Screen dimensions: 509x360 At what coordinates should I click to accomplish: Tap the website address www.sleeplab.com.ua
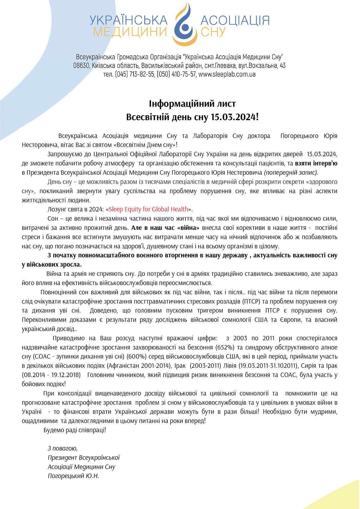point(227,74)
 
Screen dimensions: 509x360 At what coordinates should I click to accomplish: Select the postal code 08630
point(81,65)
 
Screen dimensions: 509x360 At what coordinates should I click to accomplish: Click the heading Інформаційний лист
point(192,104)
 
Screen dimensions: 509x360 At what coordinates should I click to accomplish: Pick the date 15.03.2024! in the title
point(234,117)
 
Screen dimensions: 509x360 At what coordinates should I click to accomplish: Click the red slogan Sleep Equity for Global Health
point(148,209)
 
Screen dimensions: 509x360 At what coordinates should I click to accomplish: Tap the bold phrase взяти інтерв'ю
point(316,163)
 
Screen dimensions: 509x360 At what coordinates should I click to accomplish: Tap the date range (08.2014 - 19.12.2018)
point(51,375)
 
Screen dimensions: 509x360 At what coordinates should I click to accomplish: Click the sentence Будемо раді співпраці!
point(75,430)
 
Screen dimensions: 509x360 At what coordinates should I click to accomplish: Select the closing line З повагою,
point(63,448)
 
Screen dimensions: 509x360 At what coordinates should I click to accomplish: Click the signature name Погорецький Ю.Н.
point(73,476)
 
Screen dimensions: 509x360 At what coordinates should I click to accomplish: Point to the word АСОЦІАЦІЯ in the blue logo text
point(235,20)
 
